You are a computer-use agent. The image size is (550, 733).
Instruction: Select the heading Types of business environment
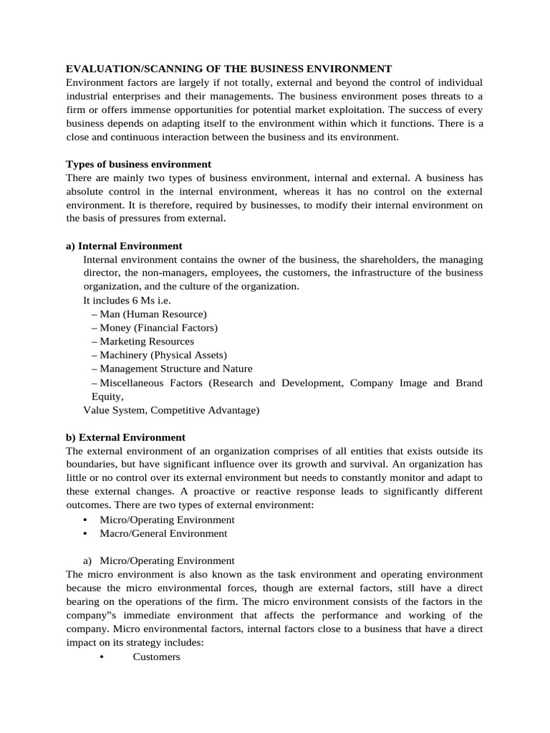tap(138, 164)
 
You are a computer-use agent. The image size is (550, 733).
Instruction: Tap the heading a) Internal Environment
tap(124, 246)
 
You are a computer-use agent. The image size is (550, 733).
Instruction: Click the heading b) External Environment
tap(125, 437)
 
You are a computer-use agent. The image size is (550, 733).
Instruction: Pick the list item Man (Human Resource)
tap(153, 314)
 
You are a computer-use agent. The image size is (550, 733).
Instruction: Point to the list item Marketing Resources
tap(147, 341)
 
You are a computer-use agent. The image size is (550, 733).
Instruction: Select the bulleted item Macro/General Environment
tap(163, 533)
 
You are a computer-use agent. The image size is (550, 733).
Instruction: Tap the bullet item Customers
tap(156, 656)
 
